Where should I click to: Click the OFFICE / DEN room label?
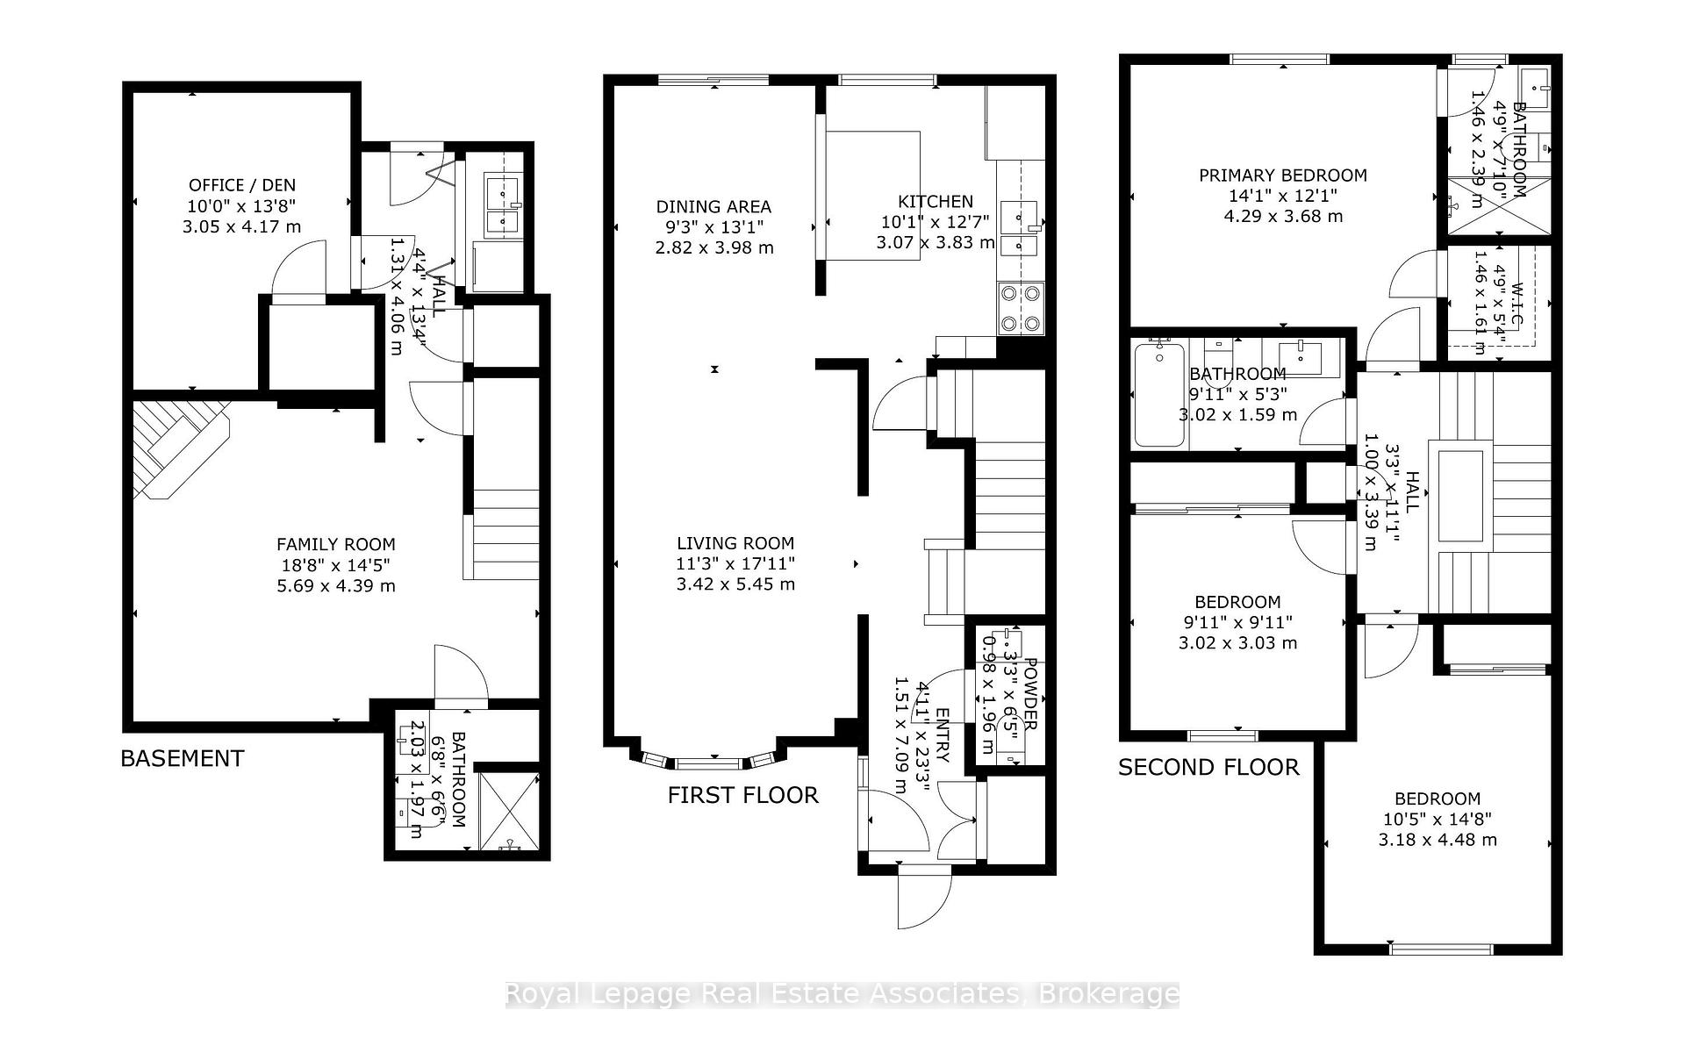click(242, 185)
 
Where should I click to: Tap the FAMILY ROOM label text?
click(335, 544)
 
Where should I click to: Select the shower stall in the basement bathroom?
click(507, 812)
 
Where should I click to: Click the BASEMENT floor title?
click(183, 758)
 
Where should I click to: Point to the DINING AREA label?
click(713, 207)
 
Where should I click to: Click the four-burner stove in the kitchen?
click(1022, 309)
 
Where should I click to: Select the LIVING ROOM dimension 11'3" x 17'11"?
click(735, 564)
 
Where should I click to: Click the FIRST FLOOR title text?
click(742, 795)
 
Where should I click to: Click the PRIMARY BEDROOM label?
click(1283, 175)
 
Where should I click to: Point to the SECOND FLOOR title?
click(1208, 767)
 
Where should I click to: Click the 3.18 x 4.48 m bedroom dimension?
click(1438, 840)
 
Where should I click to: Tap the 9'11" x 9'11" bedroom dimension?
click(1237, 623)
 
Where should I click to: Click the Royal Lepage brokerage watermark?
click(842, 994)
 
